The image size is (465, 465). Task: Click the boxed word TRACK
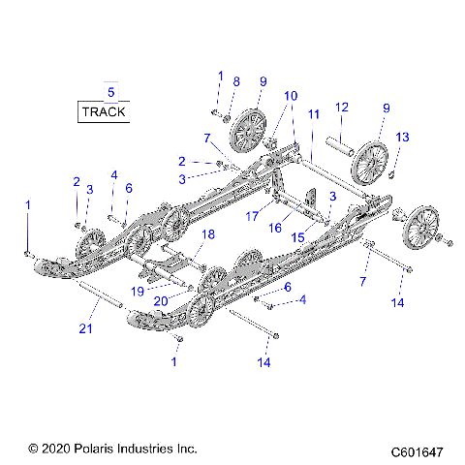(x=104, y=111)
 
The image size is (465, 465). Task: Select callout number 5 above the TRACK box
(x=110, y=92)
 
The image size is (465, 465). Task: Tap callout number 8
(x=236, y=83)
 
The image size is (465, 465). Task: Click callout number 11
(x=313, y=114)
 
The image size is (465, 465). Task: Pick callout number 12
(x=341, y=107)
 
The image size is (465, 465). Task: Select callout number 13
(x=403, y=137)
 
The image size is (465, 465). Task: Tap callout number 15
(x=298, y=236)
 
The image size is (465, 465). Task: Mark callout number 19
(x=138, y=291)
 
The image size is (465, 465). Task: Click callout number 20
(x=160, y=301)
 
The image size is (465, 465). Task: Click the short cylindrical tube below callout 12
(x=339, y=143)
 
